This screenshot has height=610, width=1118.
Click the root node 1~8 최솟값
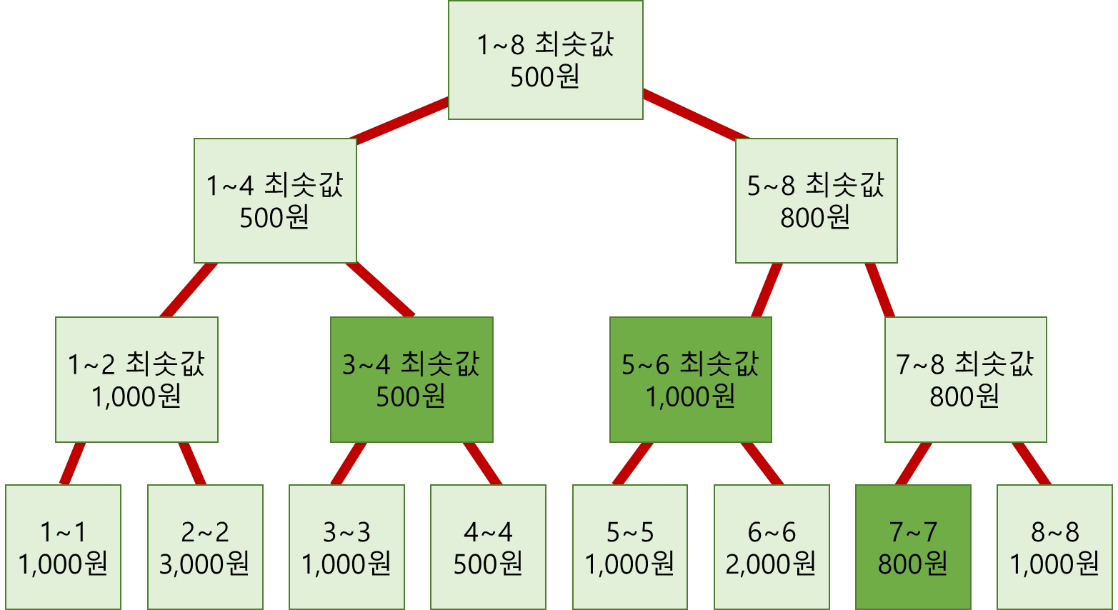[x=545, y=60]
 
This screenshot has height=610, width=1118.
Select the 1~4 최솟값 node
[x=275, y=201]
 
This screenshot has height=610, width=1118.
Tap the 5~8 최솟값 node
[x=816, y=201]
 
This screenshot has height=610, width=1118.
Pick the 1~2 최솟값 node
[x=136, y=379]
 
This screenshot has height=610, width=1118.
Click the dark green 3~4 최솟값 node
[x=411, y=379]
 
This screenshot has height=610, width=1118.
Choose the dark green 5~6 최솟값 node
[x=690, y=379]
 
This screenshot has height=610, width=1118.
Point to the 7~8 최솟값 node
[x=965, y=379]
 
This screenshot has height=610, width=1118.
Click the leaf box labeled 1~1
[x=63, y=547]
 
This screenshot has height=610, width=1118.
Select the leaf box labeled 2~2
[x=205, y=547]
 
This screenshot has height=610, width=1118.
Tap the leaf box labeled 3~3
[x=346, y=547]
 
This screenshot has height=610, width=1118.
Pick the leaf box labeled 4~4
[x=488, y=547]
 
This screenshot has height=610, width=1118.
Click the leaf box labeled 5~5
[x=629, y=547]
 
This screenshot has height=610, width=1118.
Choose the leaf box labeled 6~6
[x=772, y=547]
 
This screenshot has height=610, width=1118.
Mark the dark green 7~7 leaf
[x=913, y=547]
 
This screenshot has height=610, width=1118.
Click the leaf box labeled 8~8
[x=1054, y=547]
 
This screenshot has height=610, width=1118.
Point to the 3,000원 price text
[x=205, y=564]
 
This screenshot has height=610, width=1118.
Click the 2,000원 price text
[x=772, y=564]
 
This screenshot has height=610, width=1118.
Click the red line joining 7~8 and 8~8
[x=1031, y=464]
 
